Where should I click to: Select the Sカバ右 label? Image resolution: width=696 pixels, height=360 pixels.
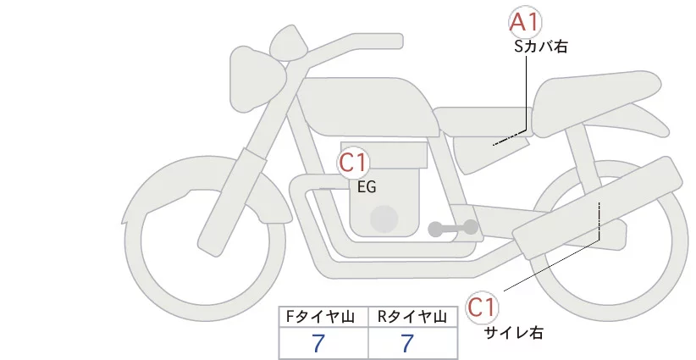tap(540, 48)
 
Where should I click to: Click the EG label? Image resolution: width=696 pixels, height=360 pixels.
tap(367, 188)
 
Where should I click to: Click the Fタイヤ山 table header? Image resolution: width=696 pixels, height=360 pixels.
tap(323, 317)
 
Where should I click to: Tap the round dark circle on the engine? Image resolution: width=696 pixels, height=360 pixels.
tap(385, 219)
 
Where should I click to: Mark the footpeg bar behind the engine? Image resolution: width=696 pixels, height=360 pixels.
tap(454, 228)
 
